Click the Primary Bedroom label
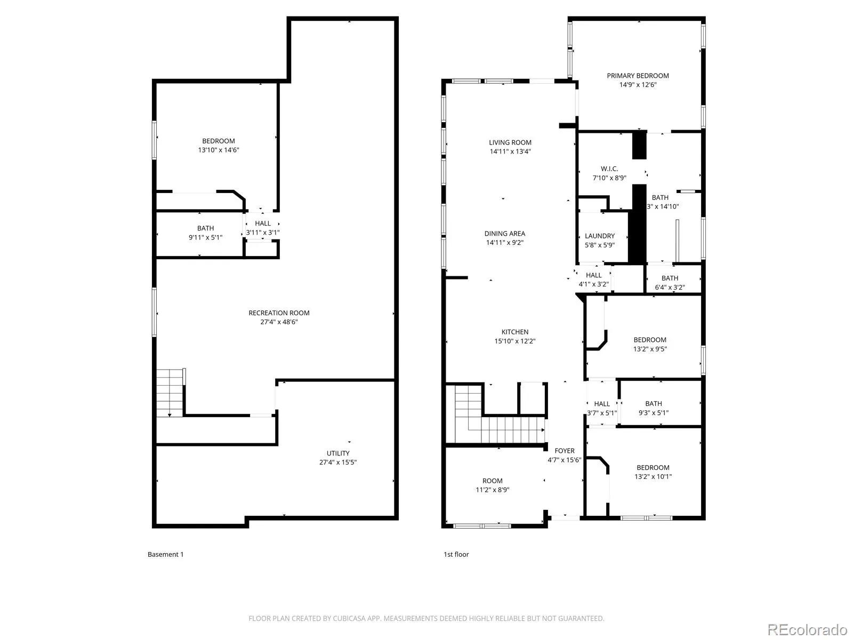pos(638,76)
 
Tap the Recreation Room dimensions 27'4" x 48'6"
pos(279,322)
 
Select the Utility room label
pos(338,453)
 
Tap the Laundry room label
pos(600,236)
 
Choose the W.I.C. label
pos(609,169)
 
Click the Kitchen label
pos(515,332)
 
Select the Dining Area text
pos(505,234)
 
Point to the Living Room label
pos(510,142)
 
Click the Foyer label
pos(565,451)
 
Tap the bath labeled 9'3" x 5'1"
pos(654,408)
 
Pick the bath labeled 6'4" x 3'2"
pos(670,283)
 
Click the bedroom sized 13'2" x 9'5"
pos(650,344)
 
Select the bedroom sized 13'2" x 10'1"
pos(653,472)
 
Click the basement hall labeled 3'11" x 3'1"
pos(263,228)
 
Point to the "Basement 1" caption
pos(165,554)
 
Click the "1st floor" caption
pos(456,554)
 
